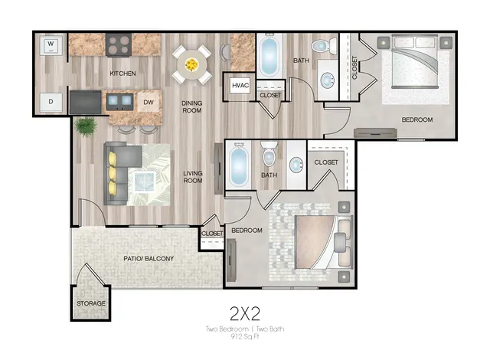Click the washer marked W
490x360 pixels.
coord(51,46)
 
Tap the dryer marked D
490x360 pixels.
coord(51,102)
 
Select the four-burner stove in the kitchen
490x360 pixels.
coord(118,45)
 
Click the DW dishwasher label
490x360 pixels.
coord(149,102)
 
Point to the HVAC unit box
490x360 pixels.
coord(240,85)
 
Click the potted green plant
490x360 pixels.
coord(85,126)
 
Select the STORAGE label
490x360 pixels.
coord(91,303)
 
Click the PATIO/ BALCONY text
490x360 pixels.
coord(149,259)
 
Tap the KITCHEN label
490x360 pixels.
coord(122,74)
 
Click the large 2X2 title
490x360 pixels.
coord(245,314)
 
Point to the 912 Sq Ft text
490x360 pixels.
coord(245,336)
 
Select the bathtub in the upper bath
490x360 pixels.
coord(269,55)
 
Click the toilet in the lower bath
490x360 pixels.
coord(269,154)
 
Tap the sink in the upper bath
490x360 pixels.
coord(328,80)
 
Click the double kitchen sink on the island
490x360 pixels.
coord(119,100)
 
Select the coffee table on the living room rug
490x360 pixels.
coord(145,182)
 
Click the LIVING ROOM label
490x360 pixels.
coord(193,177)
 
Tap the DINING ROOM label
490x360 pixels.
coord(192,106)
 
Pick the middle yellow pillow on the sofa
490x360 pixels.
coord(113,174)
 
